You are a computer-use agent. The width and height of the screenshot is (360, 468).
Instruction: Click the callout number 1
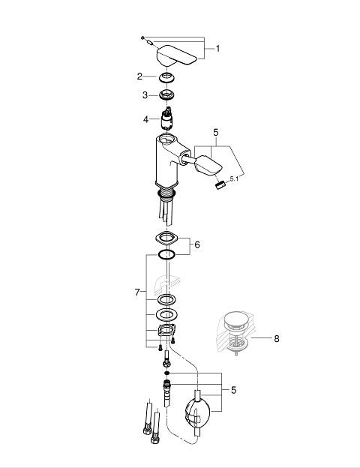coord(217,49)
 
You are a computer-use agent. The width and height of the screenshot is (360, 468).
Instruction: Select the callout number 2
coord(139,76)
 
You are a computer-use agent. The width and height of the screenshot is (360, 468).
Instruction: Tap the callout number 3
coord(145,95)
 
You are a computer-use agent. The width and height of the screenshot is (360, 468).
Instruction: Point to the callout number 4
coord(145,120)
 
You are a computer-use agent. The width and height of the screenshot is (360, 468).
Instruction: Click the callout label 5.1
coord(234,178)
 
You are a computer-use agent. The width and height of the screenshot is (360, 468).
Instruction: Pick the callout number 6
coord(197,244)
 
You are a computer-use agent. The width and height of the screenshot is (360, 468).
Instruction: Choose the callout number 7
coord(137,292)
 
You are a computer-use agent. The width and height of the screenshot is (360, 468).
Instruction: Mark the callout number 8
coord(277,339)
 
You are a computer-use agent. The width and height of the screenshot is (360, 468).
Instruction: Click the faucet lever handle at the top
coord(176,55)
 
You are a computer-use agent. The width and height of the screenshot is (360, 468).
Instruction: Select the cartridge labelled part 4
coord(166,118)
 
